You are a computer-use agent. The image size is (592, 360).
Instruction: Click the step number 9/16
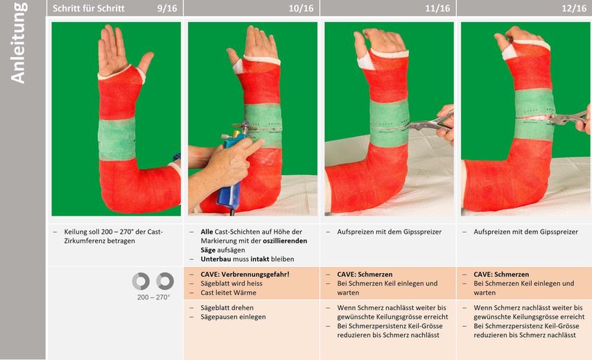(x=166, y=8)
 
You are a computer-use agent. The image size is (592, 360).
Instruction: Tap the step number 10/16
(x=301, y=8)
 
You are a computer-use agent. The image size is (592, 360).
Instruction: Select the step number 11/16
(x=437, y=8)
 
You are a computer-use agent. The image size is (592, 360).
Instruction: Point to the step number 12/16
(x=574, y=8)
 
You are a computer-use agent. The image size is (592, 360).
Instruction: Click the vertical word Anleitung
(x=18, y=43)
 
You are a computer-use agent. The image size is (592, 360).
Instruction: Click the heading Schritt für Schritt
(x=88, y=8)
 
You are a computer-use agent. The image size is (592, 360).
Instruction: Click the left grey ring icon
(x=141, y=282)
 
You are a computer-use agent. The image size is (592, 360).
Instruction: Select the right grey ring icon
(x=165, y=282)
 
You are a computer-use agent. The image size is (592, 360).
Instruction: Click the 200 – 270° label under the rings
(x=153, y=298)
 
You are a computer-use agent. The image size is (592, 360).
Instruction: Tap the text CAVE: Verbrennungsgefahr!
(x=245, y=274)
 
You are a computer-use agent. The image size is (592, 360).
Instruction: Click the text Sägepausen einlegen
(x=233, y=317)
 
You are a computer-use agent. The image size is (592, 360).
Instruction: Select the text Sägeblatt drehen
(x=227, y=308)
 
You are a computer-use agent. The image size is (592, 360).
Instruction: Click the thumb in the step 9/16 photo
(x=146, y=62)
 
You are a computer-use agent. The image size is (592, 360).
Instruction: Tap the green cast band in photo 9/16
(x=116, y=139)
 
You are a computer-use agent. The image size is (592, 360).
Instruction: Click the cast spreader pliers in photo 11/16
(x=430, y=123)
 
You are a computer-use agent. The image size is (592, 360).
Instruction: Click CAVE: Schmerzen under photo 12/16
(x=501, y=274)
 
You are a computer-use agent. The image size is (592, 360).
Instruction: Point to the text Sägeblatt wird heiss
(x=232, y=283)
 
